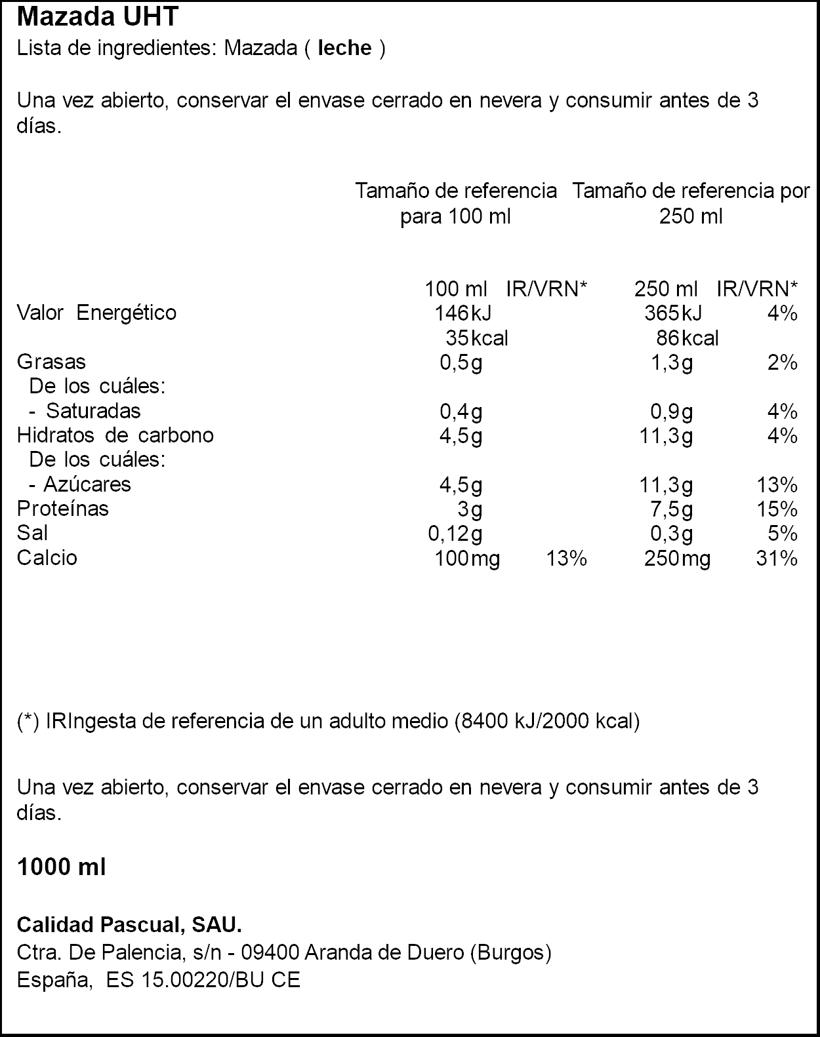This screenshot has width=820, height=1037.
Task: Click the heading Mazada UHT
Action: (97, 17)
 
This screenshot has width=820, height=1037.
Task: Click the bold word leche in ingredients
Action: (344, 49)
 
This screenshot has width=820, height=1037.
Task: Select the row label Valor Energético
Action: (96, 313)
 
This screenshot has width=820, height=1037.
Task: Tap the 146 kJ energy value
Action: (462, 313)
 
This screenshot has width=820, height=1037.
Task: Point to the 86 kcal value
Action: (687, 338)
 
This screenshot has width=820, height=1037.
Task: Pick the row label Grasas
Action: (51, 362)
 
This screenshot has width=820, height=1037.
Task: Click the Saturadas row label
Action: (93, 411)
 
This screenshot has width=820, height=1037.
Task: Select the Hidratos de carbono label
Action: (115, 435)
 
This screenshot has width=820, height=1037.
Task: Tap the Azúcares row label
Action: (87, 484)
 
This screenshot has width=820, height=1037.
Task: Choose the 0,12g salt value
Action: (455, 534)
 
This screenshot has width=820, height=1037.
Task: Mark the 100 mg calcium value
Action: (467, 558)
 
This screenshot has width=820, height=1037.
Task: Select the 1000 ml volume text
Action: (61, 867)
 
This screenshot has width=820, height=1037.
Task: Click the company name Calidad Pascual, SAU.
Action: (129, 925)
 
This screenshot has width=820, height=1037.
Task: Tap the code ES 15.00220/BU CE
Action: (203, 980)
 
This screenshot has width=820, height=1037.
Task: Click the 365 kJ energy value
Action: (672, 313)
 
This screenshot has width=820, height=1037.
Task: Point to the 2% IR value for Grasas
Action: (783, 362)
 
